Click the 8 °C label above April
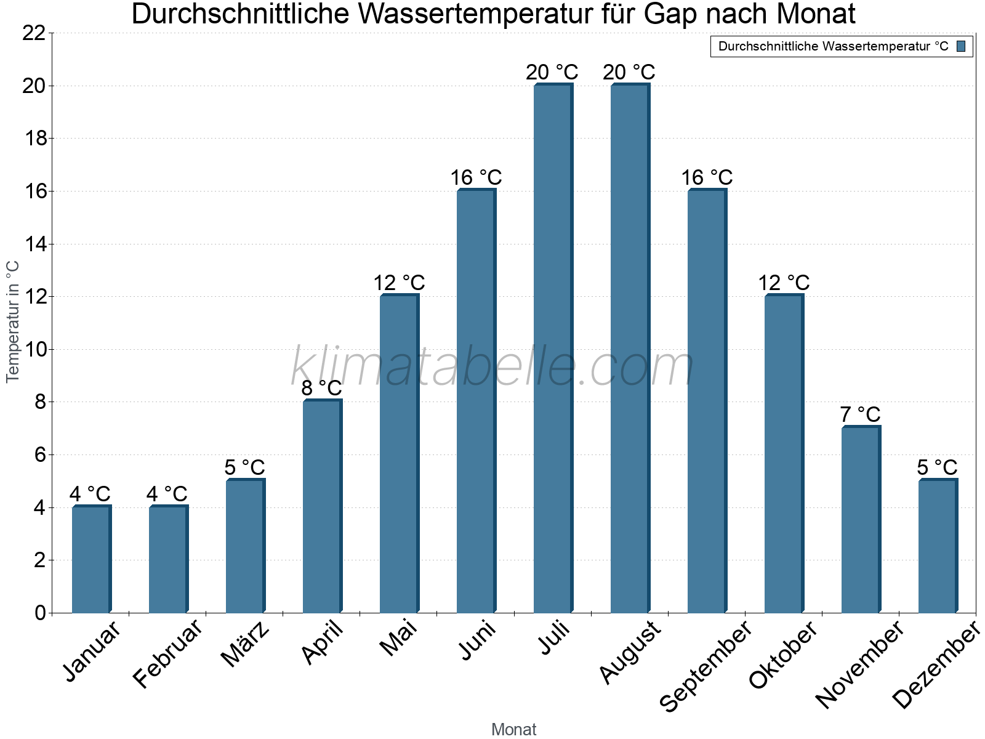coord(321,389)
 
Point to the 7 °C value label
coord(860,414)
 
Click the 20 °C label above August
coord(629,73)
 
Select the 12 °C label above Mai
coord(399,283)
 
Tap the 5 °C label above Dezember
coord(937,467)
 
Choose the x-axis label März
coord(246,644)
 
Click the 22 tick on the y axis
coord(34,33)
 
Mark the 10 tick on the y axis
coord(34,350)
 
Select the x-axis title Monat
coord(513,730)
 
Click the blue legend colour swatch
coord(962,46)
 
